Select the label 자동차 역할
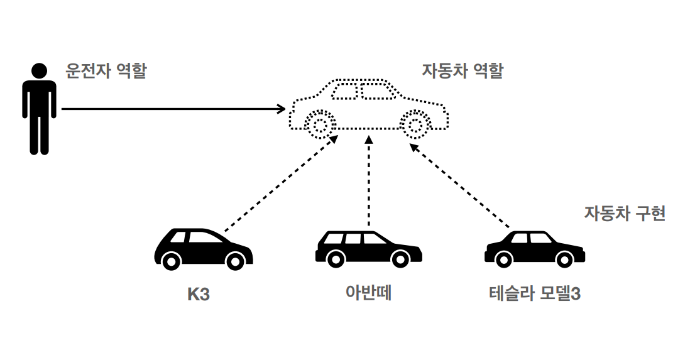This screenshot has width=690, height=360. [463, 70]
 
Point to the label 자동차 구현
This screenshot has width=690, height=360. [625, 214]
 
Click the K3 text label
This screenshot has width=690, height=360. [199, 294]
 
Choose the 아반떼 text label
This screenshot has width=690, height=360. [369, 293]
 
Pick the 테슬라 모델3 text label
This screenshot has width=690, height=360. [534, 293]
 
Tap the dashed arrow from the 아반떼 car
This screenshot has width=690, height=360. [369, 182]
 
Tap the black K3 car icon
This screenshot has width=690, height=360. [202, 249]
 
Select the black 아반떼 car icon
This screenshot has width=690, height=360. [368, 248]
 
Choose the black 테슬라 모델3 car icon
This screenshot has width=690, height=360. [534, 248]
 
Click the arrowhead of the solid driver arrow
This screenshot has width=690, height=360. [282, 109]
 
